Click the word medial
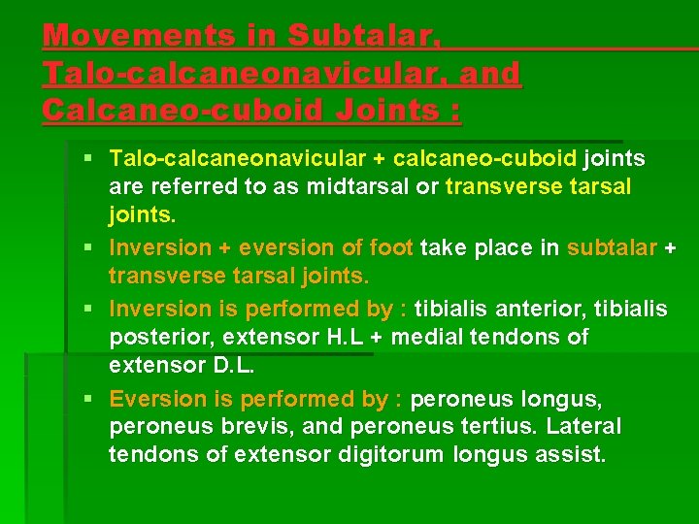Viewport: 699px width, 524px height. coord(441,337)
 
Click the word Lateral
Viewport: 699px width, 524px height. coord(584,427)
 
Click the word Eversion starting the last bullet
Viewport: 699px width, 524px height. coord(151,399)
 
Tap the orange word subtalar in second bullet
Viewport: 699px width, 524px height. coord(612,247)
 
